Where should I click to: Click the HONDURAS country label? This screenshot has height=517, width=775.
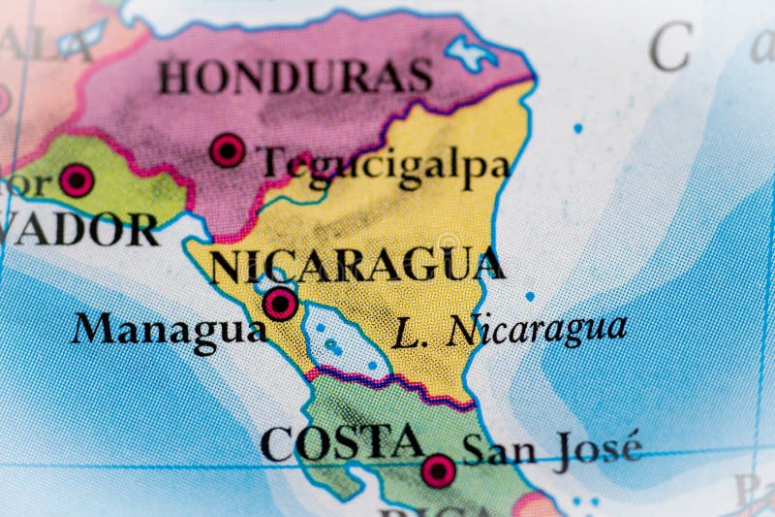295,77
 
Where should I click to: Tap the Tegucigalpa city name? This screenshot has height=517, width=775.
386,165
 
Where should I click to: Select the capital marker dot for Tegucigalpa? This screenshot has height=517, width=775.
228,150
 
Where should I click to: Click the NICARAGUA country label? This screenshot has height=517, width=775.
356,265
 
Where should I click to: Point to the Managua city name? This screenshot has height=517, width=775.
169,329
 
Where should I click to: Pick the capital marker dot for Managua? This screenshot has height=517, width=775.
281,304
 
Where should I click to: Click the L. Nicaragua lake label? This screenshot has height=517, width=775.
510,331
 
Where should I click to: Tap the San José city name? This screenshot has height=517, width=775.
551,448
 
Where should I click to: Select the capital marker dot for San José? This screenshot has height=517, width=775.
438,470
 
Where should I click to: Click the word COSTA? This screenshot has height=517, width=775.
341,443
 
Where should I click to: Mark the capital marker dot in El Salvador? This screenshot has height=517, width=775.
77,179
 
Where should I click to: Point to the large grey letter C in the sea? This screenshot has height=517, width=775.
669,47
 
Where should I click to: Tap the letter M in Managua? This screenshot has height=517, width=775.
92,328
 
